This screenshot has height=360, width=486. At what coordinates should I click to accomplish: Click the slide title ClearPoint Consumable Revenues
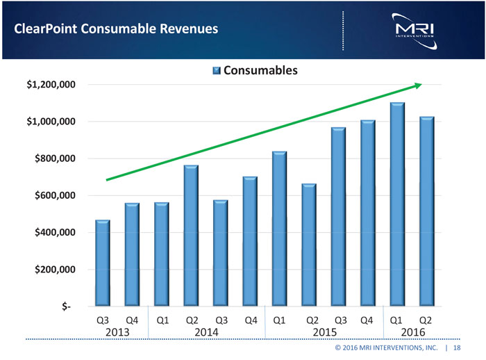[x=112, y=28]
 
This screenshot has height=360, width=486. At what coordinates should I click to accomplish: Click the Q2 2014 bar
[x=191, y=236]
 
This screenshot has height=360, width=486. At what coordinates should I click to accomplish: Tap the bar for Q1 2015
[x=280, y=229]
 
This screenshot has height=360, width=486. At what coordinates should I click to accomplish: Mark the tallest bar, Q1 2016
[x=397, y=204]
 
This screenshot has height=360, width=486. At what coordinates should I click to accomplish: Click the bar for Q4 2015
[x=368, y=213]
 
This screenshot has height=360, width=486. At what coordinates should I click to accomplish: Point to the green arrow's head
[x=418, y=85]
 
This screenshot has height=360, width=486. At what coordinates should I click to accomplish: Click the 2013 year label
[x=117, y=332]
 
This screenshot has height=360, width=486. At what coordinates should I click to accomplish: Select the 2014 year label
[x=206, y=332]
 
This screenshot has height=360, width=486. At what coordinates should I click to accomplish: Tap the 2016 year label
[x=412, y=332]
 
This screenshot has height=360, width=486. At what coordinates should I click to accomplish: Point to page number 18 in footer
[x=457, y=347]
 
